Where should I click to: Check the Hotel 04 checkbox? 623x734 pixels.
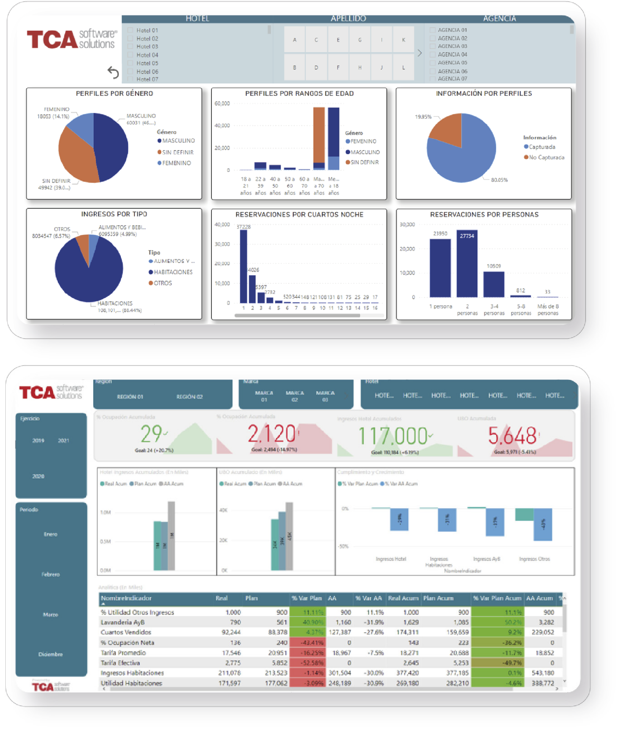(x=130, y=55)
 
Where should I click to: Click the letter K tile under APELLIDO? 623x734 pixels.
(x=403, y=40)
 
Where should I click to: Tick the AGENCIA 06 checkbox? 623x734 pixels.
(x=433, y=71)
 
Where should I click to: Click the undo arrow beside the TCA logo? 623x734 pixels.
(x=113, y=72)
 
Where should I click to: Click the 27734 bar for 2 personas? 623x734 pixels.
(x=467, y=263)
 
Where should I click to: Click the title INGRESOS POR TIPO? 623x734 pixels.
(x=114, y=214)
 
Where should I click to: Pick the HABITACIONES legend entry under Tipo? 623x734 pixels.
(x=173, y=272)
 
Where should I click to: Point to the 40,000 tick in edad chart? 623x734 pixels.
(x=222, y=125)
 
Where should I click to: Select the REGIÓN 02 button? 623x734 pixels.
(x=189, y=397)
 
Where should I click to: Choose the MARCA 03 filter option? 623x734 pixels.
(x=325, y=396)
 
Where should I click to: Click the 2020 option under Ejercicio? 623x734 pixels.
(x=38, y=476)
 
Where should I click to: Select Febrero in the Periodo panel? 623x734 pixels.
(x=51, y=575)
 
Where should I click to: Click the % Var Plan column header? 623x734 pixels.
(x=306, y=598)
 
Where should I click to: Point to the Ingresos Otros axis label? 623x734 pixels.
(x=534, y=559)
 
